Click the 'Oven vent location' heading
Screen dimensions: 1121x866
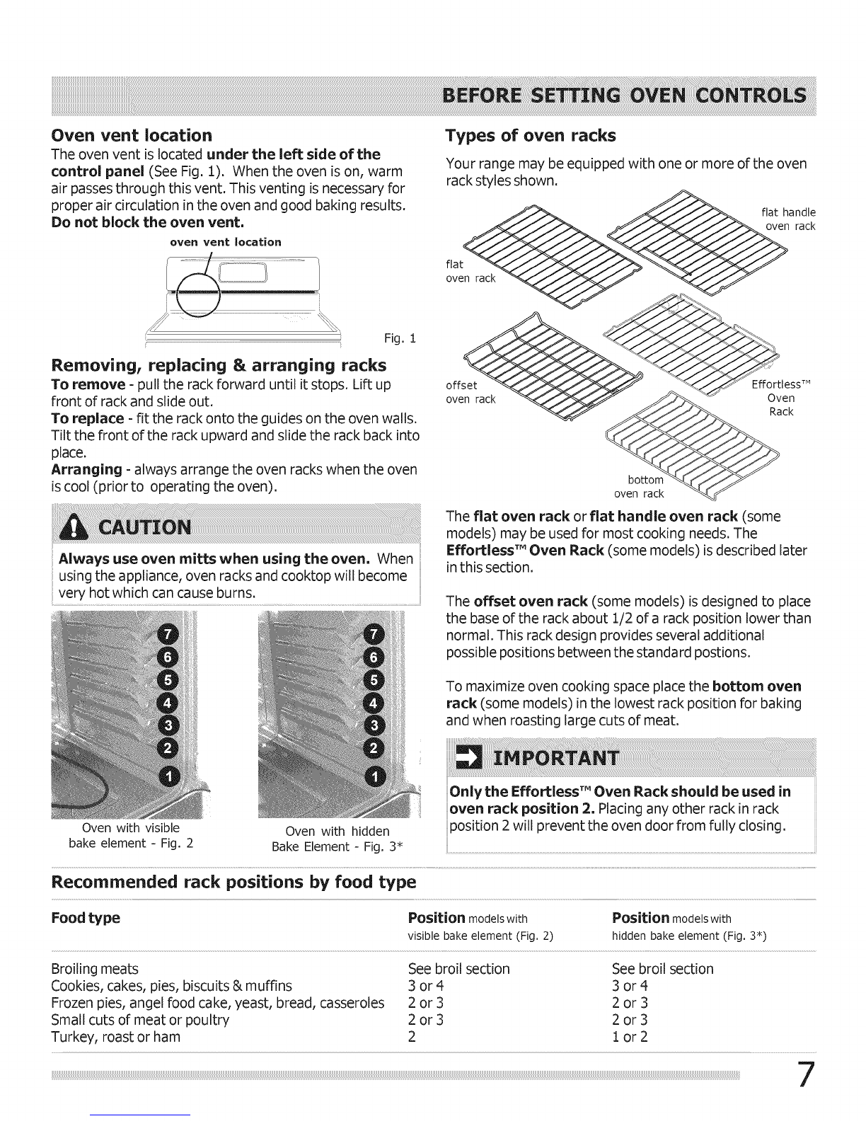pos(131,135)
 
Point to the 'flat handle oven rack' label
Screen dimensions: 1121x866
pos(788,219)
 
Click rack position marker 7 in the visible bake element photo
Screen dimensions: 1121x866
pos(171,631)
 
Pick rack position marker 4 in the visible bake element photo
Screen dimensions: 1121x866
pos(171,703)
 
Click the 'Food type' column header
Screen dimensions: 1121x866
pos(86,919)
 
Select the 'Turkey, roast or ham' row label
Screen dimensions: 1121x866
pos(115,1037)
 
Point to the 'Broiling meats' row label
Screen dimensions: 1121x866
pos(95,969)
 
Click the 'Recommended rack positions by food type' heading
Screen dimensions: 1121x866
pos(233,883)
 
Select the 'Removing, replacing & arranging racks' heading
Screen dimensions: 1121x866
pos(219,365)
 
